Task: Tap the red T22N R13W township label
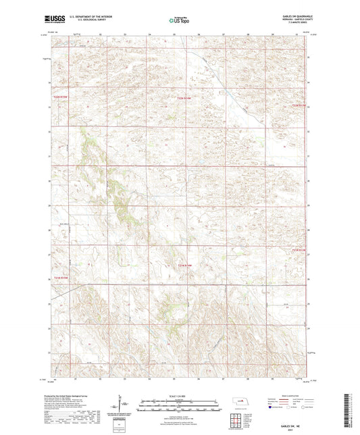299,105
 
